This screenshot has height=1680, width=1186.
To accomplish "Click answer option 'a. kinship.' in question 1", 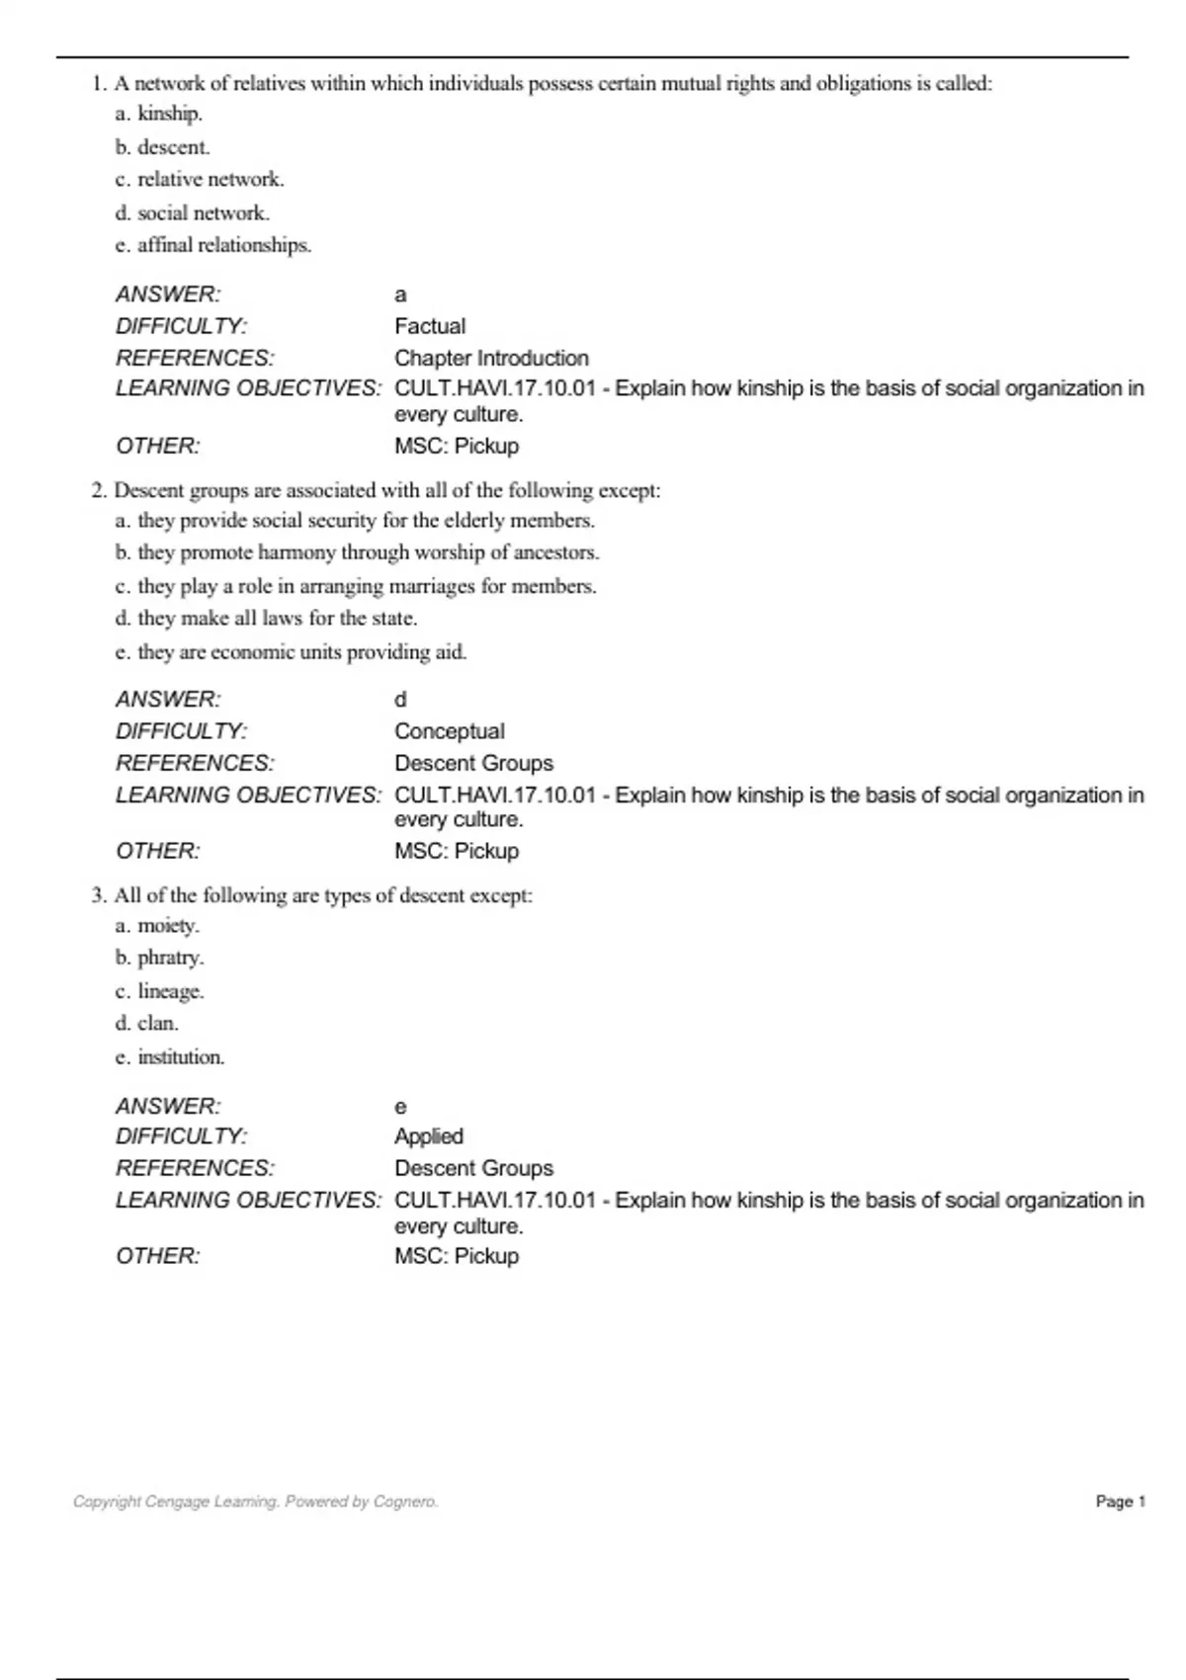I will pyautogui.click(x=159, y=114).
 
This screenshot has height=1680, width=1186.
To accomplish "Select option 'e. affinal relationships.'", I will pyautogui.click(x=212, y=245).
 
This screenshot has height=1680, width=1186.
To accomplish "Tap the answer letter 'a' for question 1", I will pyautogui.click(x=400, y=294).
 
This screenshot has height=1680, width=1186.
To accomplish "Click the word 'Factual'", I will pyautogui.click(x=430, y=326).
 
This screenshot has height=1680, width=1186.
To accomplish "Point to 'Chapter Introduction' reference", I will pyautogui.click(x=491, y=358).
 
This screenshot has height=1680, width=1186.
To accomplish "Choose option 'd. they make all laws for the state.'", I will pyautogui.click(x=266, y=619).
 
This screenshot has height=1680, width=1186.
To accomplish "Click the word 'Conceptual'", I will pyautogui.click(x=450, y=731).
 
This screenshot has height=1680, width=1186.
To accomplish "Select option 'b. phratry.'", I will pyautogui.click(x=159, y=958).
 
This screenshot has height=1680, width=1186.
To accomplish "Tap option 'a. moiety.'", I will pyautogui.click(x=157, y=926).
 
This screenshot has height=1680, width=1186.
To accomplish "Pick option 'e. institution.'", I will pyautogui.click(x=170, y=1057).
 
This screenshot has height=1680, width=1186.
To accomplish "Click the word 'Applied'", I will pyautogui.click(x=429, y=1136).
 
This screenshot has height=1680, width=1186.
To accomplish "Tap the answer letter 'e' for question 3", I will pyautogui.click(x=400, y=1107).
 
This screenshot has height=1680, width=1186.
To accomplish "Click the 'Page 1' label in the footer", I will pyautogui.click(x=1121, y=1501).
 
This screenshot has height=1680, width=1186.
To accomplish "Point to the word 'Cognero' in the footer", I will pyautogui.click(x=404, y=1501).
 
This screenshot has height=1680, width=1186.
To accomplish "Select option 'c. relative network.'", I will pyautogui.click(x=200, y=180).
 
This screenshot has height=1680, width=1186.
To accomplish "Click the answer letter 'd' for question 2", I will pyautogui.click(x=400, y=700).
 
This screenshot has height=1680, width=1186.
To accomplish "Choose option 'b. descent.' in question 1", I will pyautogui.click(x=162, y=147).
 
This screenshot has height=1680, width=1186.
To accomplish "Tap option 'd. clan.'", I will pyautogui.click(x=146, y=1023).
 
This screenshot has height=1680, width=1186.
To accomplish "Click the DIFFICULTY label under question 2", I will pyautogui.click(x=182, y=731).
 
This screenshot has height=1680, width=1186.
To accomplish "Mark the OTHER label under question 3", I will pyautogui.click(x=158, y=1256).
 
